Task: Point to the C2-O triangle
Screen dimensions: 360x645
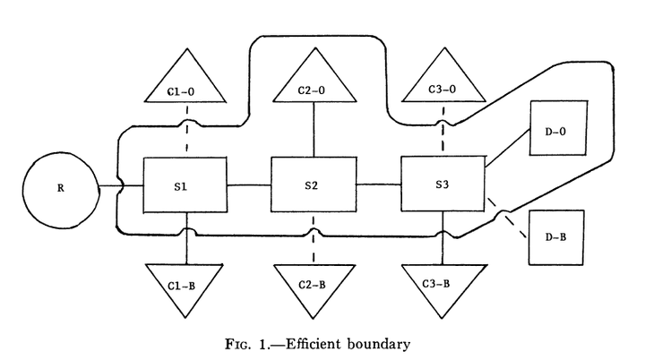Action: pos(313,85)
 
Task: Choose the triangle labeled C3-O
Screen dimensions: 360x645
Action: pos(442,86)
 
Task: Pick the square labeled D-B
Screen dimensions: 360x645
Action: pos(555,237)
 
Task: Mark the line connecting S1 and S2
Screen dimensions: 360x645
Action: pos(248,185)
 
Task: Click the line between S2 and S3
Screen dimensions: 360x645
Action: pos(377,185)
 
